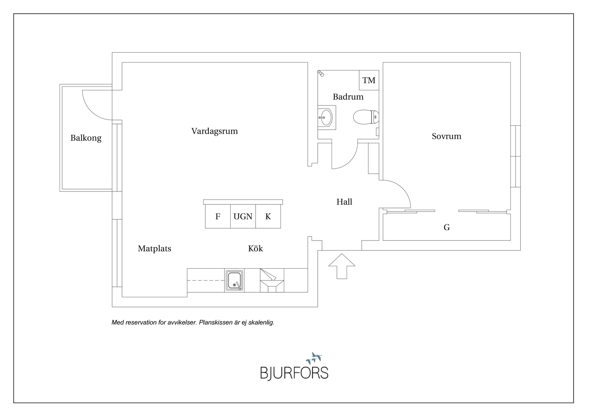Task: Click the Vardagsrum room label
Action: pyautogui.click(x=215, y=131)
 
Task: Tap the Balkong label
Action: pyautogui.click(x=86, y=138)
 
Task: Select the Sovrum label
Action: pyautogui.click(x=446, y=136)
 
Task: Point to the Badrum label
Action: pyautogui.click(x=348, y=97)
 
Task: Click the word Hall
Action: pyautogui.click(x=344, y=202)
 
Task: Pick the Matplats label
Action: pyautogui.click(x=155, y=249)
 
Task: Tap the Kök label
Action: pyautogui.click(x=256, y=249)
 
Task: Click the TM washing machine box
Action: pyautogui.click(x=369, y=80)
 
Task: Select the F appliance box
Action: pyautogui.click(x=218, y=217)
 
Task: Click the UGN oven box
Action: pyautogui.click(x=243, y=217)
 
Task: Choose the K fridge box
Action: pyautogui.click(x=268, y=217)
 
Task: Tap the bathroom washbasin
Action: pyautogui.click(x=326, y=117)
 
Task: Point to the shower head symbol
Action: pyautogui.click(x=321, y=74)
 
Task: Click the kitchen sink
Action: pyautogui.click(x=234, y=281)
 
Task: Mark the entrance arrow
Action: pyautogui.click(x=342, y=266)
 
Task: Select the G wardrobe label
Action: pyautogui.click(x=447, y=227)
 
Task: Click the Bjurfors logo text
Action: pyautogui.click(x=294, y=373)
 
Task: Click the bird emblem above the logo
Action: pyautogui.click(x=314, y=357)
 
